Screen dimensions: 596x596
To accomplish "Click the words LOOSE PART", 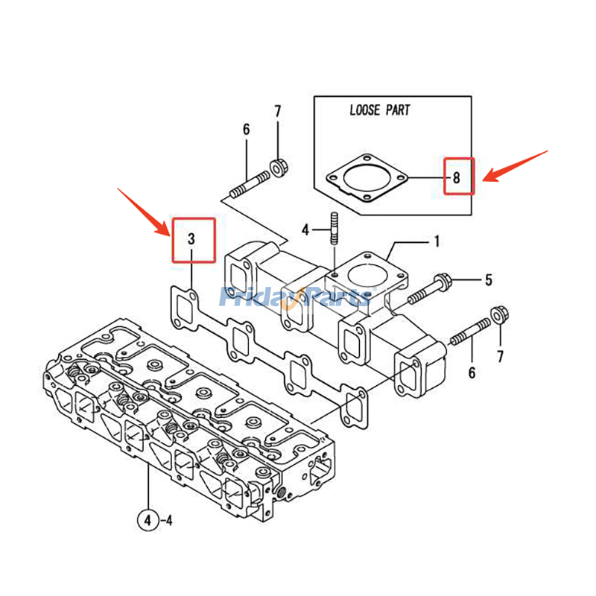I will (x=380, y=110).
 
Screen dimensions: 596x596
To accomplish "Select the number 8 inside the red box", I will (x=457, y=177).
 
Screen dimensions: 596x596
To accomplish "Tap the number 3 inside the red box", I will (x=191, y=239).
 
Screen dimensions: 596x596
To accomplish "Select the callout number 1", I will (x=437, y=241).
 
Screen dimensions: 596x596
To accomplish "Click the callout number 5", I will (x=489, y=280).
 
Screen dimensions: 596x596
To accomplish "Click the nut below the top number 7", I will (x=279, y=167).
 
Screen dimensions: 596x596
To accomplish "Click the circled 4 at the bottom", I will (x=148, y=521).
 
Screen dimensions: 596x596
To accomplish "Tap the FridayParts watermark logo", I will (x=295, y=297).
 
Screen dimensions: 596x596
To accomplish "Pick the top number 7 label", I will (x=278, y=112).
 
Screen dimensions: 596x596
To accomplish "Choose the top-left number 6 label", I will (x=246, y=130).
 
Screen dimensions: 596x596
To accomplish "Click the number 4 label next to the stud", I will (x=305, y=229).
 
